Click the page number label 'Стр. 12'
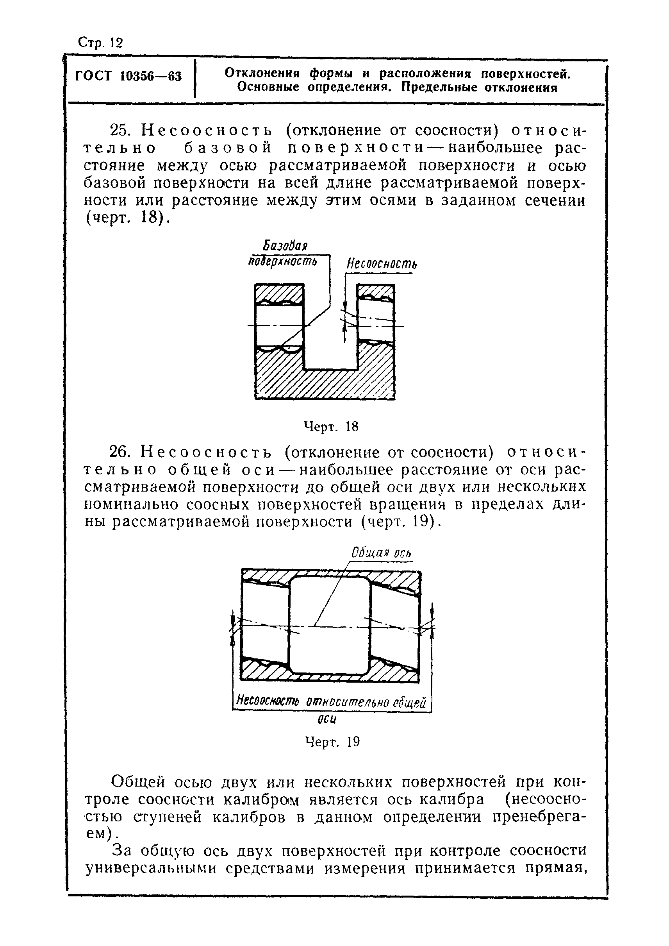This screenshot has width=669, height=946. (x=100, y=43)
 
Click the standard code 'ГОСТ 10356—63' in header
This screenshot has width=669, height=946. (x=128, y=77)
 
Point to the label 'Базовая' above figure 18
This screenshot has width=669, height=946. (x=285, y=246)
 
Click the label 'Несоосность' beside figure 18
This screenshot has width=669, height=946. (x=381, y=264)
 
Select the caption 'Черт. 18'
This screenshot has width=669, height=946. (x=331, y=427)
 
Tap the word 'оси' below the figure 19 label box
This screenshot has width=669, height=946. (x=328, y=719)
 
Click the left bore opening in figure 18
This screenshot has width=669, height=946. (x=279, y=325)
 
